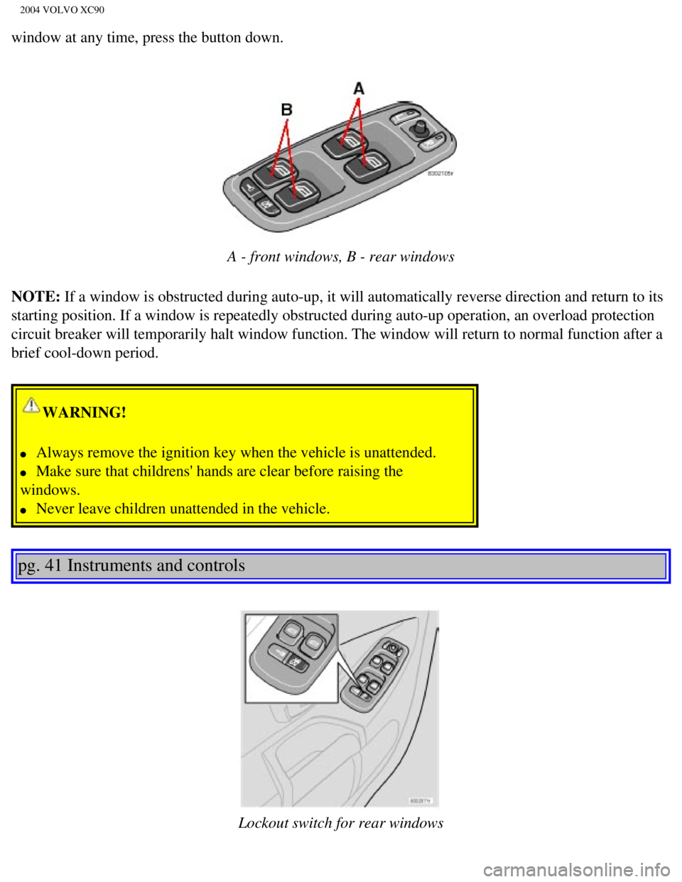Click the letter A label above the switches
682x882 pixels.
(359, 89)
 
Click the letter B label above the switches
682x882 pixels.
(287, 110)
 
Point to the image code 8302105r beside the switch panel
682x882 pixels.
(440, 173)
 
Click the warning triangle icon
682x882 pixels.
(31, 405)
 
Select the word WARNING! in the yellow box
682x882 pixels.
(85, 413)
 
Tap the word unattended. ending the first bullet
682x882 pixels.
(399, 452)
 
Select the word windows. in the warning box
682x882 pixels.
(50, 490)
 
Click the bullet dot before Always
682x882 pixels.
(23, 454)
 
